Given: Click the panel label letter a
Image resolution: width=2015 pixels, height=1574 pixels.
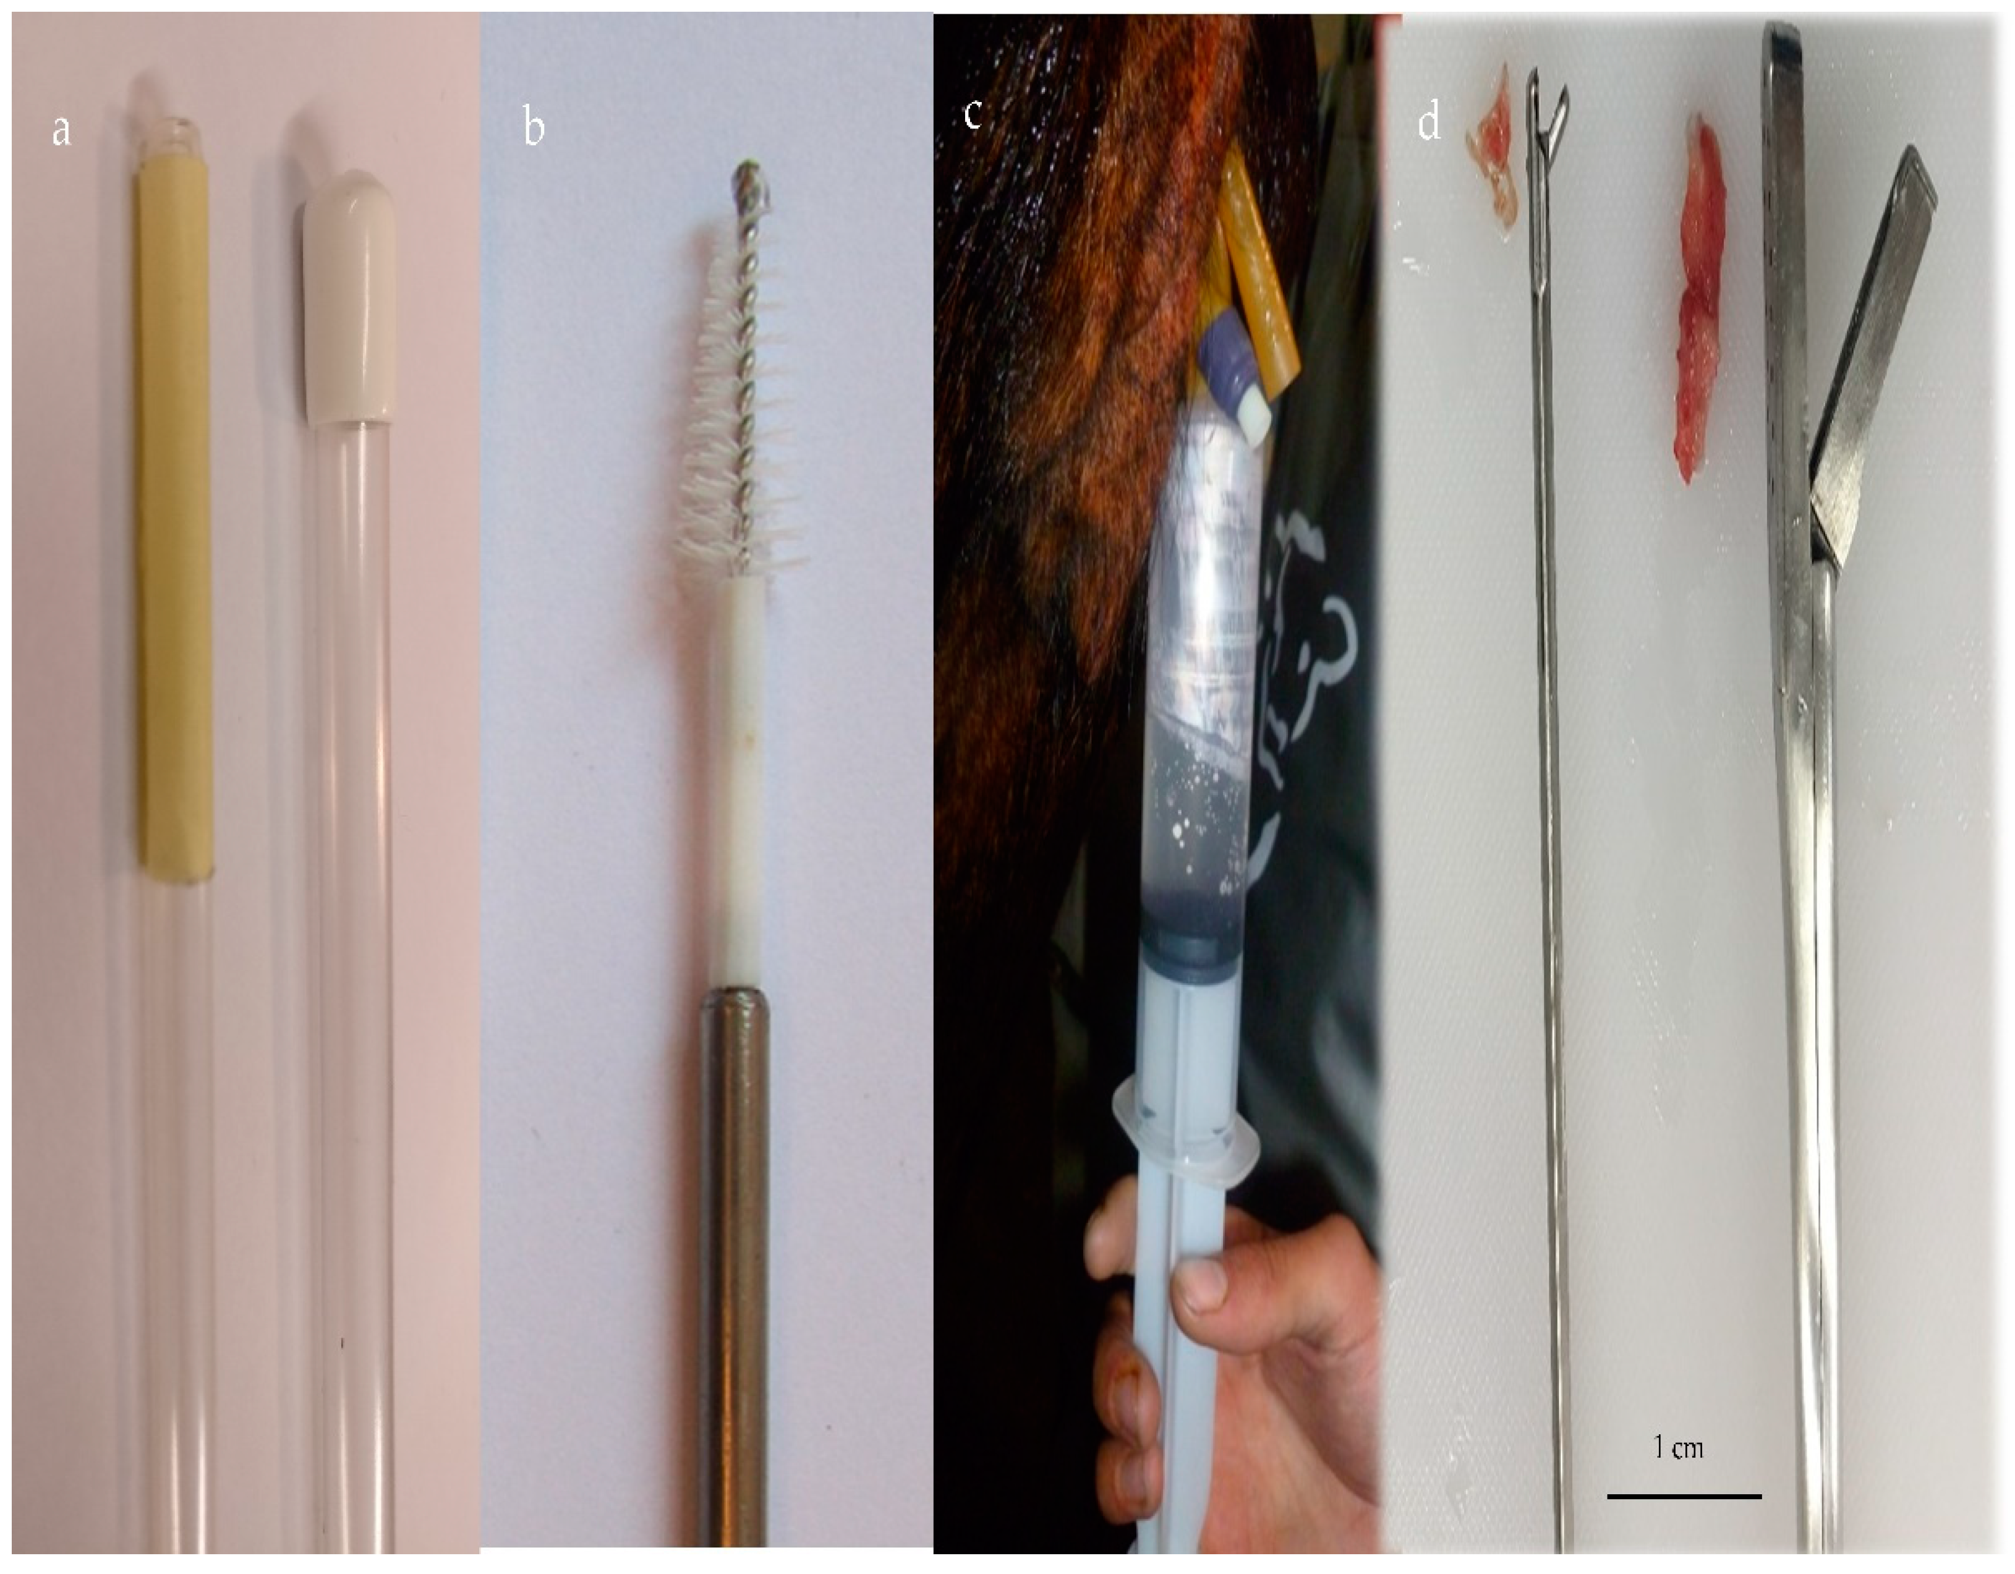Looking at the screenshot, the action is point(61,130).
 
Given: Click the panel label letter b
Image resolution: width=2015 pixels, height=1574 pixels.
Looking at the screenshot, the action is point(534,126).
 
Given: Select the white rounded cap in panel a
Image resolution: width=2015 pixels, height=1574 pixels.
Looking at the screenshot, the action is point(350,296).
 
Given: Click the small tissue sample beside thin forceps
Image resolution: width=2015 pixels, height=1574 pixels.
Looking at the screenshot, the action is point(1493,148).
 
